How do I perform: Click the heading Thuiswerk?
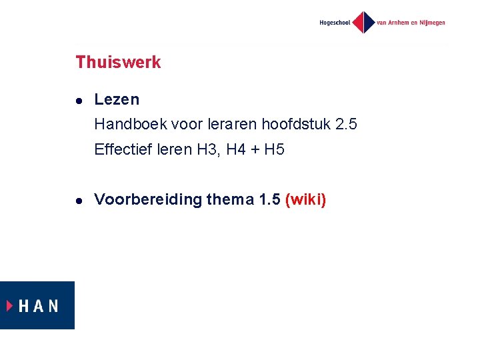(x=118, y=62)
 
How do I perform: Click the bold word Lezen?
(x=117, y=99)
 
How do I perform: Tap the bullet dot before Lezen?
(x=79, y=101)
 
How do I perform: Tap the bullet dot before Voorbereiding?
(x=79, y=200)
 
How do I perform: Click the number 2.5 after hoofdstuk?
(x=346, y=124)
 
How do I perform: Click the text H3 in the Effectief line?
(x=207, y=149)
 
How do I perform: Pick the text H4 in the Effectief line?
(x=236, y=149)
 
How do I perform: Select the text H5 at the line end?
(x=274, y=149)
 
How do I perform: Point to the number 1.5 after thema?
(x=269, y=199)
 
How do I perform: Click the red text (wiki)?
(x=305, y=199)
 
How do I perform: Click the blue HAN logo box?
(x=37, y=305)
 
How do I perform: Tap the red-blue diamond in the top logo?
(x=363, y=22)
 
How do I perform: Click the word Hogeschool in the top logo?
(x=334, y=23)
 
